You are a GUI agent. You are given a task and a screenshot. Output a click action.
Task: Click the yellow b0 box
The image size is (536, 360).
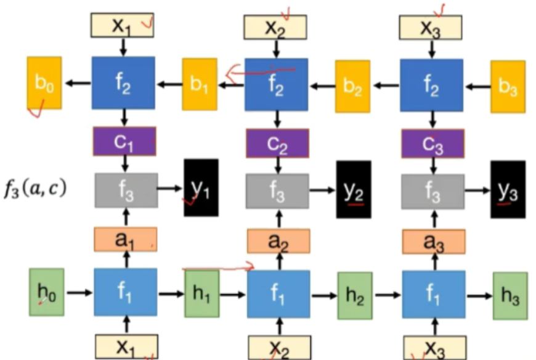pyautogui.click(x=44, y=83)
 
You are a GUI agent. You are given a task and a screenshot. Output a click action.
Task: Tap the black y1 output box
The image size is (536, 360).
pyautogui.click(x=201, y=187)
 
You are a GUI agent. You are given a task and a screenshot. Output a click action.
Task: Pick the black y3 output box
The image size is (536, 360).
pyautogui.click(x=508, y=189)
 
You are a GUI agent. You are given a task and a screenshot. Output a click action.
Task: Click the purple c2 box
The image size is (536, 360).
pyautogui.click(x=277, y=143)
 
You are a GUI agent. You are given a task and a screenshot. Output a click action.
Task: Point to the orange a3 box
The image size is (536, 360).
pyautogui.click(x=433, y=241)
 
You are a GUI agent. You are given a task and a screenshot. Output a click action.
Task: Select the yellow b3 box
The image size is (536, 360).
pyautogui.click(x=508, y=86)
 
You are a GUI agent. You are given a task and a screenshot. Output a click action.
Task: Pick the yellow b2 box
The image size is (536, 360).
pyautogui.click(x=352, y=86)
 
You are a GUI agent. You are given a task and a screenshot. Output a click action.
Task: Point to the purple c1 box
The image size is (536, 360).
pyautogui.click(x=124, y=141)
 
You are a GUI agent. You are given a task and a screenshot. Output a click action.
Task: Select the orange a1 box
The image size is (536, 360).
pyautogui.click(x=125, y=239)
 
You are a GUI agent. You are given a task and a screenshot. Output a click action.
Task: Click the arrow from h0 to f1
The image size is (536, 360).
pyautogui.click(x=79, y=292)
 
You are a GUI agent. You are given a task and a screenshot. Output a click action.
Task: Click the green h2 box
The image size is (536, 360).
pyautogui.click(x=355, y=295)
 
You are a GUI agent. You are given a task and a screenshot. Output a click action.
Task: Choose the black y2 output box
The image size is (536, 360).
pyautogui.click(x=354, y=189)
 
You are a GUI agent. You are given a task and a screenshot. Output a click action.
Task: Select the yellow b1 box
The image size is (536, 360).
pyautogui.click(x=199, y=84)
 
